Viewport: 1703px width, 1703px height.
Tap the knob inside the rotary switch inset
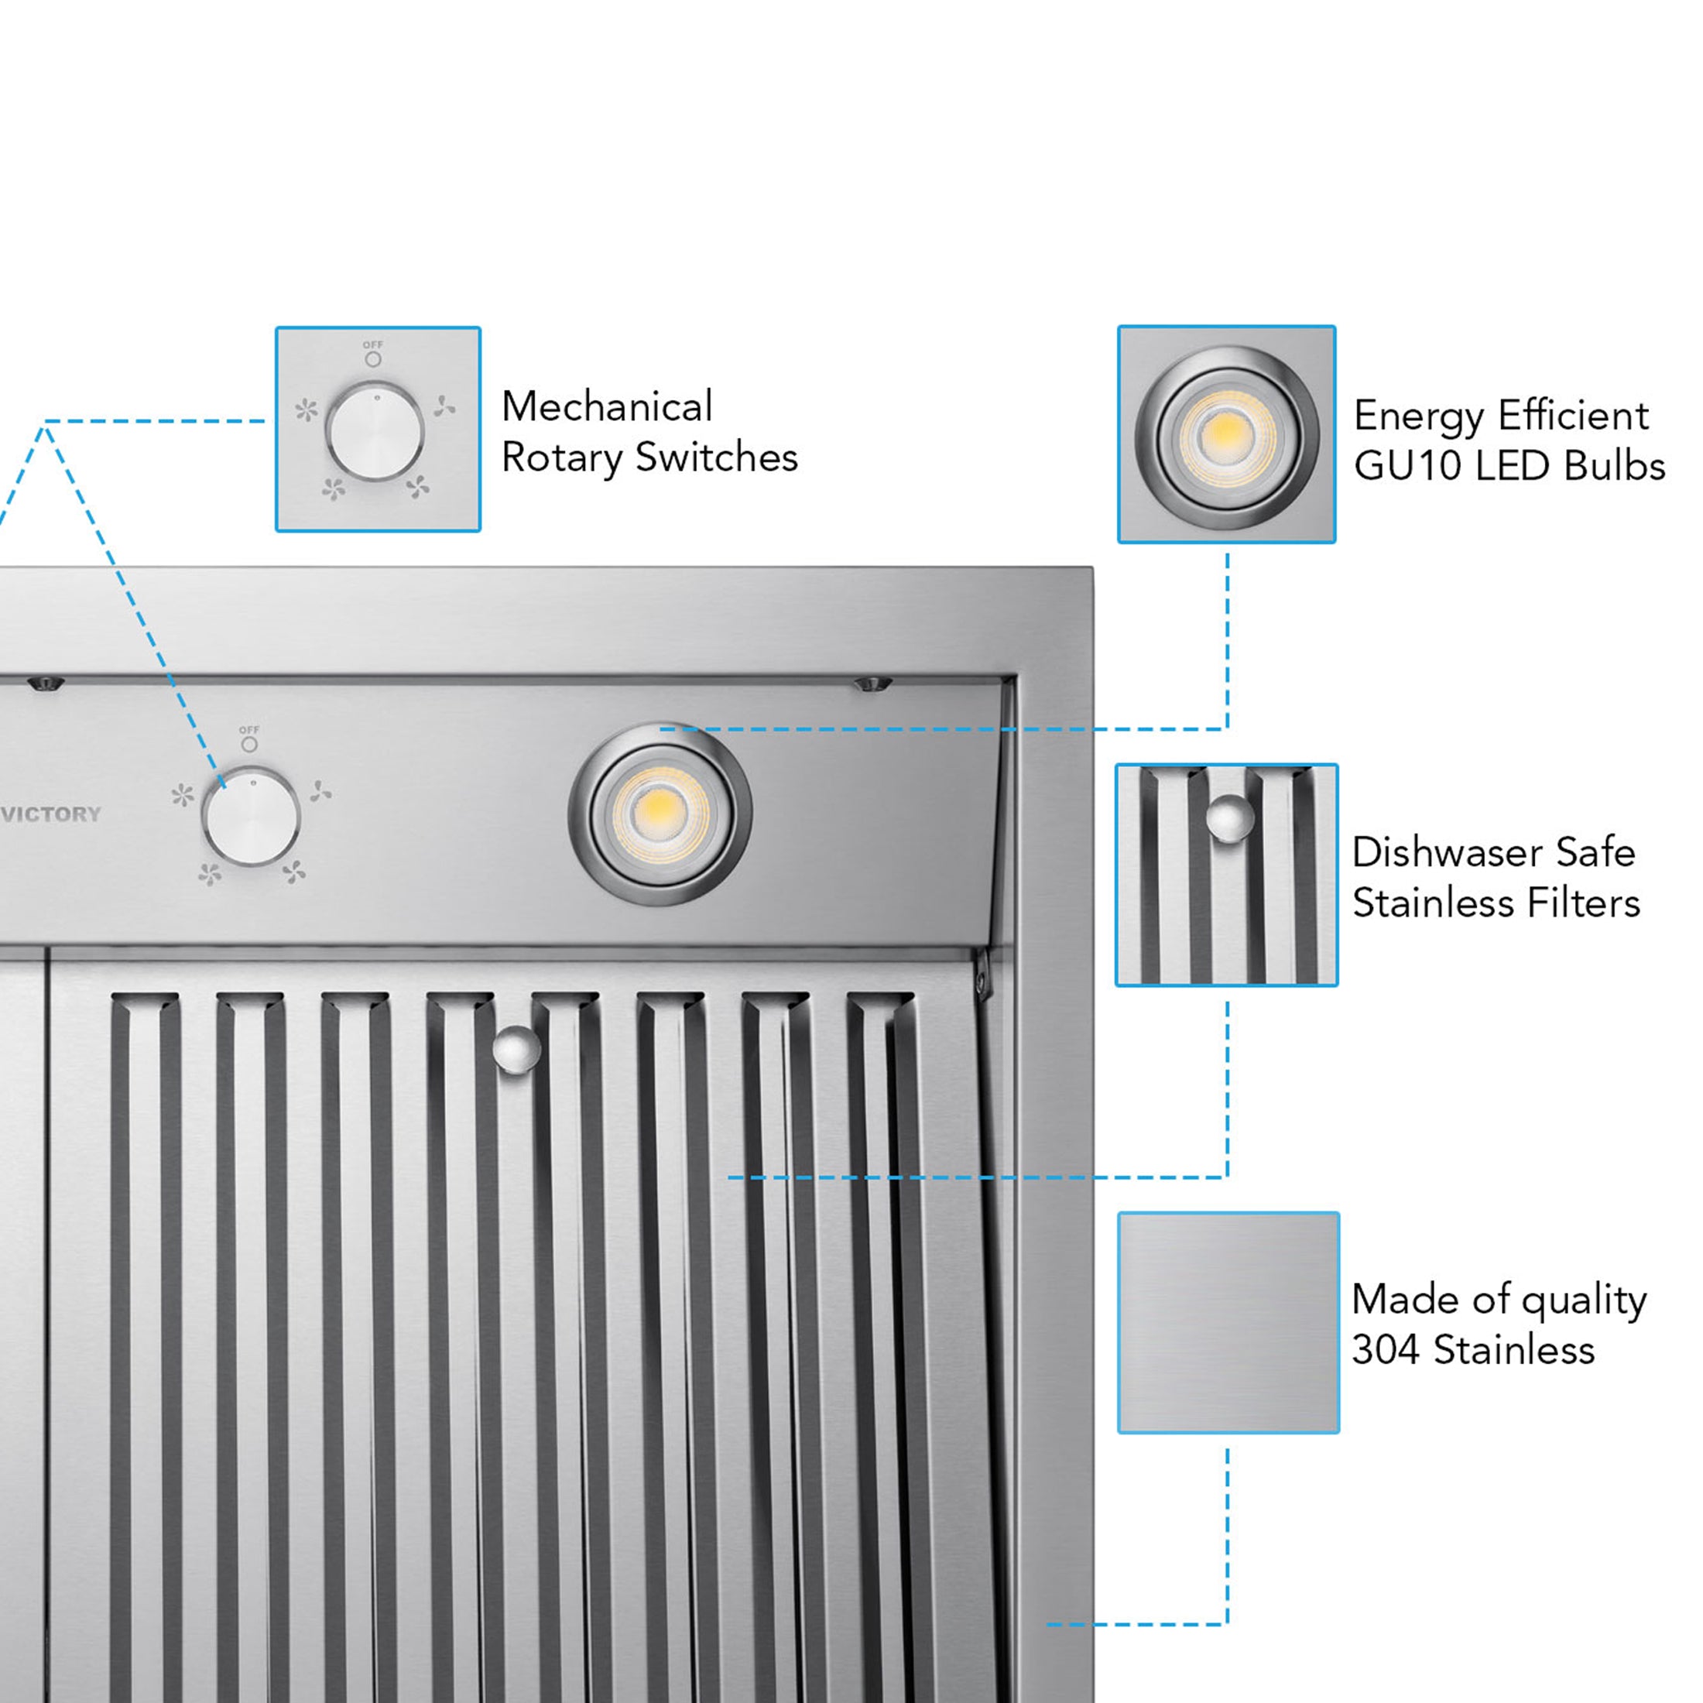click(x=375, y=432)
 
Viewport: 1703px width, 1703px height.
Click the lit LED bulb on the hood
click(x=660, y=814)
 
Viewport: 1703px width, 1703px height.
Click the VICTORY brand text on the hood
click(x=51, y=814)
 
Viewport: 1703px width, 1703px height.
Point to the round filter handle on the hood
click(x=516, y=1049)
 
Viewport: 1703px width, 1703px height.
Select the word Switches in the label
click(x=716, y=457)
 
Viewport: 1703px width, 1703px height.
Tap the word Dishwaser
click(x=1445, y=852)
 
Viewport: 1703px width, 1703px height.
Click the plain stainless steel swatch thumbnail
click(x=1228, y=1322)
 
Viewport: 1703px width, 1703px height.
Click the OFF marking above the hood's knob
click(x=249, y=730)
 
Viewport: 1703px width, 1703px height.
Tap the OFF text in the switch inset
click(x=373, y=344)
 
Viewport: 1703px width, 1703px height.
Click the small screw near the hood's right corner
click(x=872, y=684)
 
